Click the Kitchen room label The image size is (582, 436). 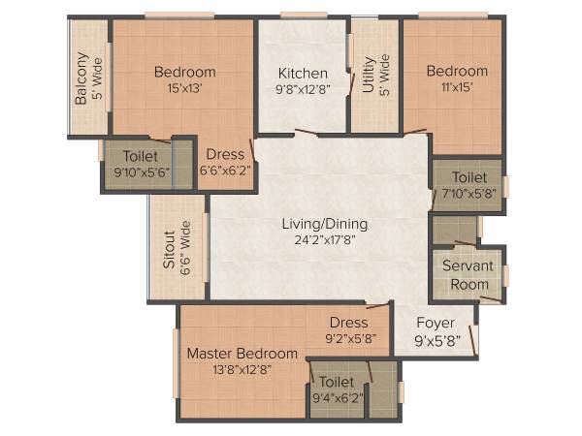(x=303, y=74)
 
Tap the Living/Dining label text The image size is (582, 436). (x=325, y=224)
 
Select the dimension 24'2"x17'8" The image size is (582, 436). (x=325, y=240)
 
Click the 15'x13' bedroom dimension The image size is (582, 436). (x=184, y=88)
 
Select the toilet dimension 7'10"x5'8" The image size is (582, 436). (x=469, y=194)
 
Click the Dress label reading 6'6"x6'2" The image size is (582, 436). (x=225, y=170)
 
